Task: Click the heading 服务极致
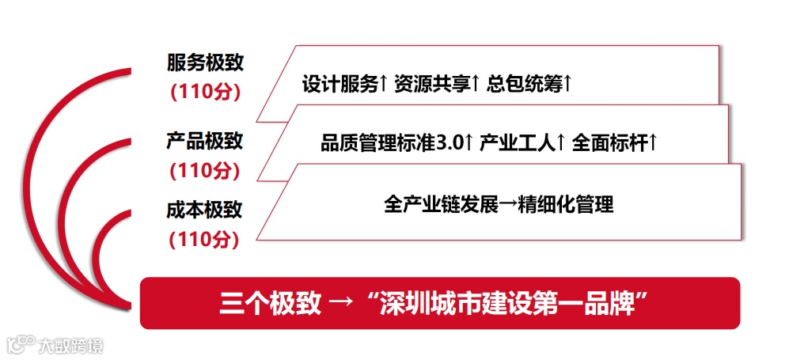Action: click(x=204, y=63)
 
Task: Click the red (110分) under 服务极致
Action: click(x=204, y=91)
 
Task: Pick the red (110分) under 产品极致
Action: click(x=204, y=169)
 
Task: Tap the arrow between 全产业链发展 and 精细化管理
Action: click(x=507, y=205)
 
